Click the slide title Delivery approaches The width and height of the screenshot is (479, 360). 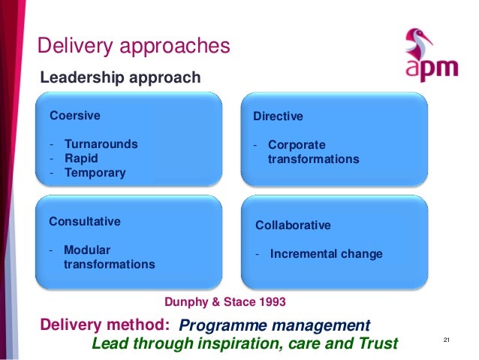[x=134, y=47]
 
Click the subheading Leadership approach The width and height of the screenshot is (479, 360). [x=120, y=77]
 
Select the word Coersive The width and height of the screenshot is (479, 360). [x=74, y=116]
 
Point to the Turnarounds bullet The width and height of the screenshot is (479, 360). [x=101, y=144]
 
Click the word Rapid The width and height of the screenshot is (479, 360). [x=81, y=159]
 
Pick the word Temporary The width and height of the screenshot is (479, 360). [x=95, y=173]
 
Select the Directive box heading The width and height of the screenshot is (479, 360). [x=278, y=116]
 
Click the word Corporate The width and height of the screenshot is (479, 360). [x=297, y=145]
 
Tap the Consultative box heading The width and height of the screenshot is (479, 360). [x=84, y=222]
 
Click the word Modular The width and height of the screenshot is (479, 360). [x=87, y=250]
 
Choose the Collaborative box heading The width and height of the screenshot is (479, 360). [x=293, y=225]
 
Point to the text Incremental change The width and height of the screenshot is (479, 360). [x=326, y=254]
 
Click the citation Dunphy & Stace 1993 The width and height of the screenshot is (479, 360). [x=224, y=301]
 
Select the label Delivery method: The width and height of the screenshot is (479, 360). [x=104, y=325]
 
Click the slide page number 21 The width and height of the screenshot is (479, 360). [x=446, y=343]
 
